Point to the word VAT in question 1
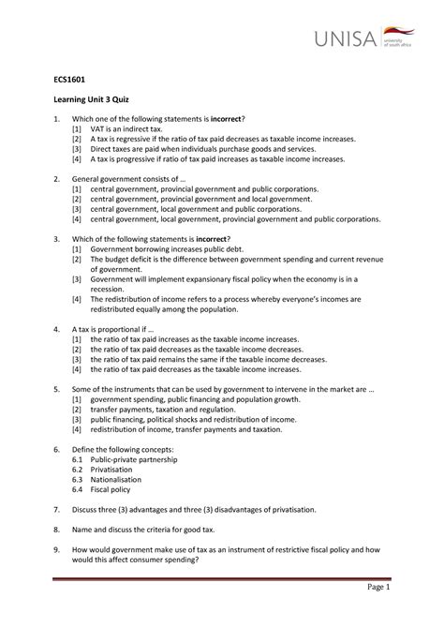pyautogui.click(x=99, y=140)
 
